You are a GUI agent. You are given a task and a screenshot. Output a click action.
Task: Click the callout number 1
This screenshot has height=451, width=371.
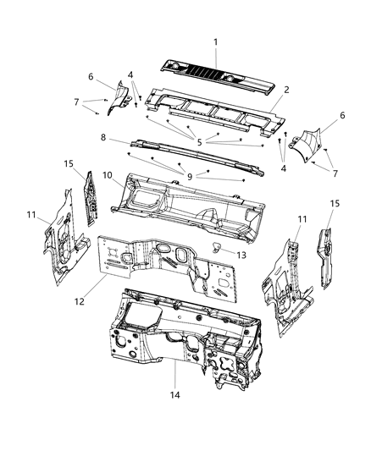pos(215,41)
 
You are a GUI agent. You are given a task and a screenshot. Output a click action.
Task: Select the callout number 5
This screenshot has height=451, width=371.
pos(200,142)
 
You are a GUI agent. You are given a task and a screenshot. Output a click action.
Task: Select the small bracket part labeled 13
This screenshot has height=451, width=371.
pos(219,246)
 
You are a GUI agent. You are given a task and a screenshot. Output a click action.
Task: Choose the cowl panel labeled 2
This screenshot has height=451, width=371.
pos(212,110)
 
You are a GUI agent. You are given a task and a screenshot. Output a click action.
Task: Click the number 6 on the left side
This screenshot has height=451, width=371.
pos(91,75)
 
